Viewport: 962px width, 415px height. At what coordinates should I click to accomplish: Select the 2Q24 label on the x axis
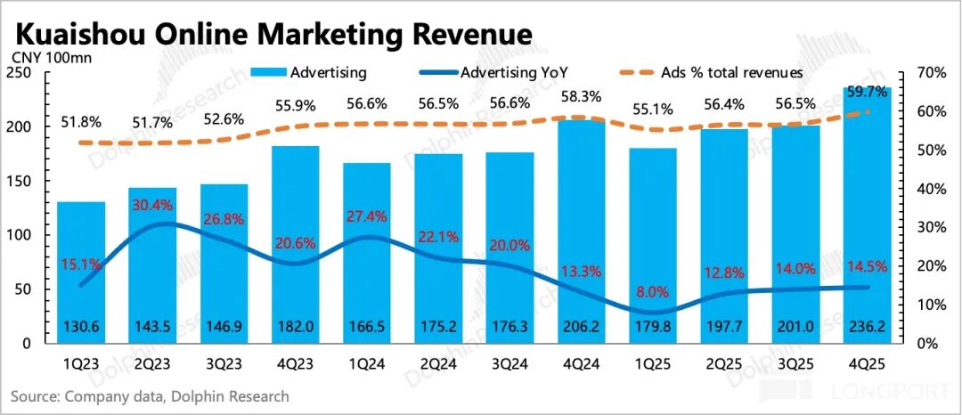[x=438, y=365]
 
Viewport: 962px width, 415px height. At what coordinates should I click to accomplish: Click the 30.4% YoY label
[x=152, y=205]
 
